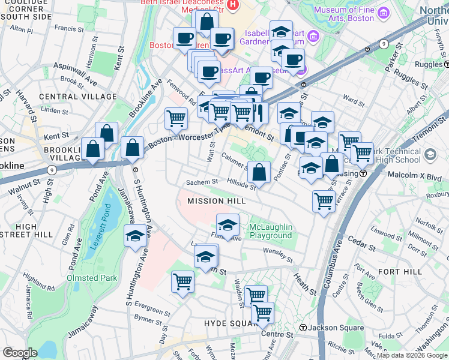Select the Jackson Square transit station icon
(x=304, y=328)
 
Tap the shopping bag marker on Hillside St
(x=259, y=172)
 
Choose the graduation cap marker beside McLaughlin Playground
(x=228, y=225)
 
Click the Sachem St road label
(x=201, y=182)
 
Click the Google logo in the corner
(x=20, y=353)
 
